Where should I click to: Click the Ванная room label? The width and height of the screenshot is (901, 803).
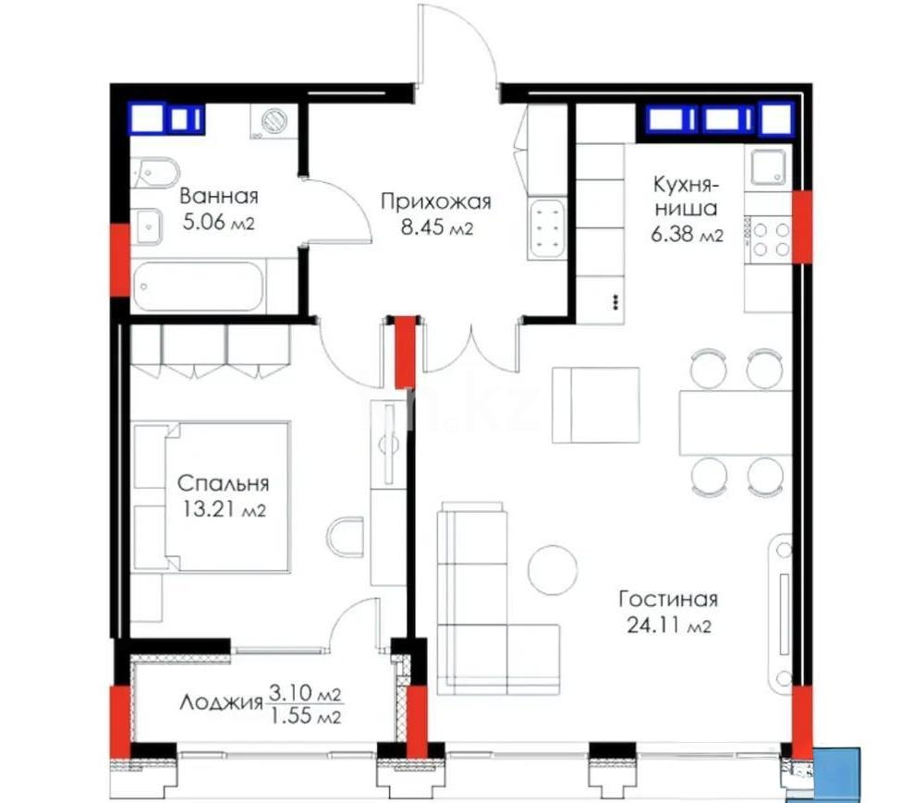(219, 196)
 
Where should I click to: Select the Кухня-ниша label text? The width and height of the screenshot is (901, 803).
(684, 195)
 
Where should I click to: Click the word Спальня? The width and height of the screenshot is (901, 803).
(223, 483)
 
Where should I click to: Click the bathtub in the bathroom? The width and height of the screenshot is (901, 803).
(200, 286)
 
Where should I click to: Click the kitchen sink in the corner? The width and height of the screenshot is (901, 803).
(770, 167)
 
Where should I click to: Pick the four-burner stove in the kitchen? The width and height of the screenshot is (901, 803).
(769, 237)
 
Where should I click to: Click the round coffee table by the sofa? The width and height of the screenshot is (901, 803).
(553, 569)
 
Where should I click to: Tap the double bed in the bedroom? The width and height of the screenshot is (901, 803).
(226, 497)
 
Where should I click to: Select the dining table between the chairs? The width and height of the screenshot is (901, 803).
(736, 422)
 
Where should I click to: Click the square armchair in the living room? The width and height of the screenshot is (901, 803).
(596, 405)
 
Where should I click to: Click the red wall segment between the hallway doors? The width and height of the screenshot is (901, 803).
(405, 352)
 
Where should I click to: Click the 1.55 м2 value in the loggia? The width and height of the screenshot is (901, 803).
(306, 715)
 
